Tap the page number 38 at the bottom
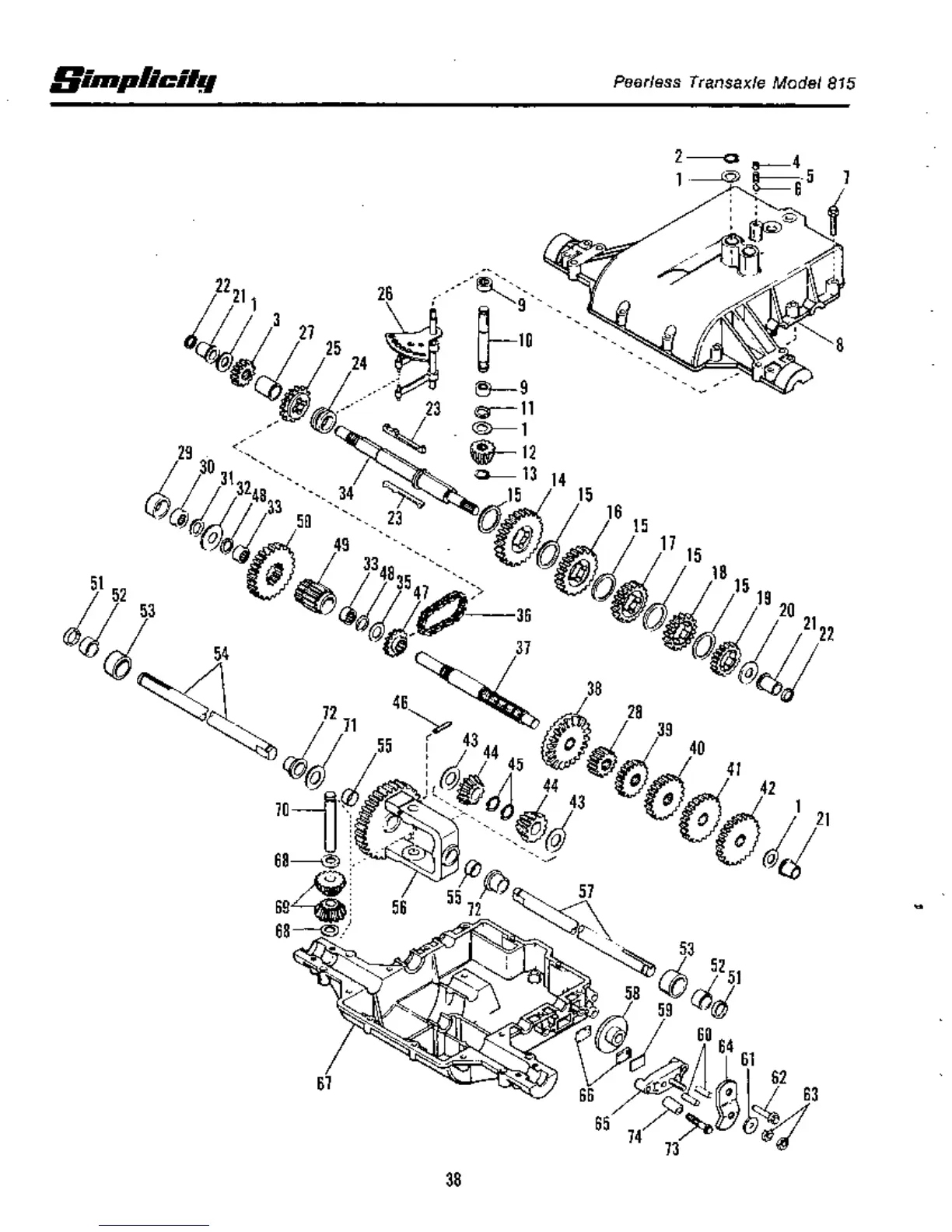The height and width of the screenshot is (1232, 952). tap(453, 1179)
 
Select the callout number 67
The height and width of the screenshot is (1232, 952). tap(324, 1083)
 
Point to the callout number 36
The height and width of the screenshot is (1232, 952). tap(523, 615)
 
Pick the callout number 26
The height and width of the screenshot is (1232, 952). tap(385, 293)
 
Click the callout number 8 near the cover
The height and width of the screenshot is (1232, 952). tap(839, 345)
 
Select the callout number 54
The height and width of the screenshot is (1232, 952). tap(222, 653)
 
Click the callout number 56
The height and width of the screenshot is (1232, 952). tap(399, 907)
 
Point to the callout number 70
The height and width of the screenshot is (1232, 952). tap(282, 810)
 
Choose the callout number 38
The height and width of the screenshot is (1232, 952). tap(594, 689)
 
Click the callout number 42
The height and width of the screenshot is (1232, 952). tap(768, 788)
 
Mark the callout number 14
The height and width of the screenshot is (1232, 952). tap(558, 480)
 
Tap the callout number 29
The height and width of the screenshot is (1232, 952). tap(184, 453)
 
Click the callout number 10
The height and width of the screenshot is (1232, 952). tap(525, 340)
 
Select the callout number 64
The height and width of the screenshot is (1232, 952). tap(726, 1047)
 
